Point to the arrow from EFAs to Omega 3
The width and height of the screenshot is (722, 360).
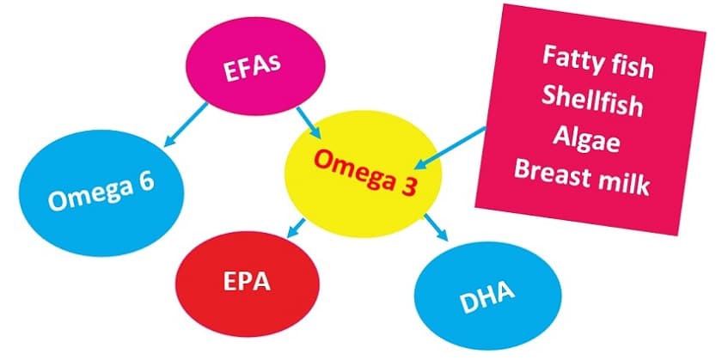[308, 121]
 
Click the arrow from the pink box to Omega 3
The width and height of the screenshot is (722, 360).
[450, 144]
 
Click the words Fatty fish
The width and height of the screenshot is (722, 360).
[598, 64]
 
